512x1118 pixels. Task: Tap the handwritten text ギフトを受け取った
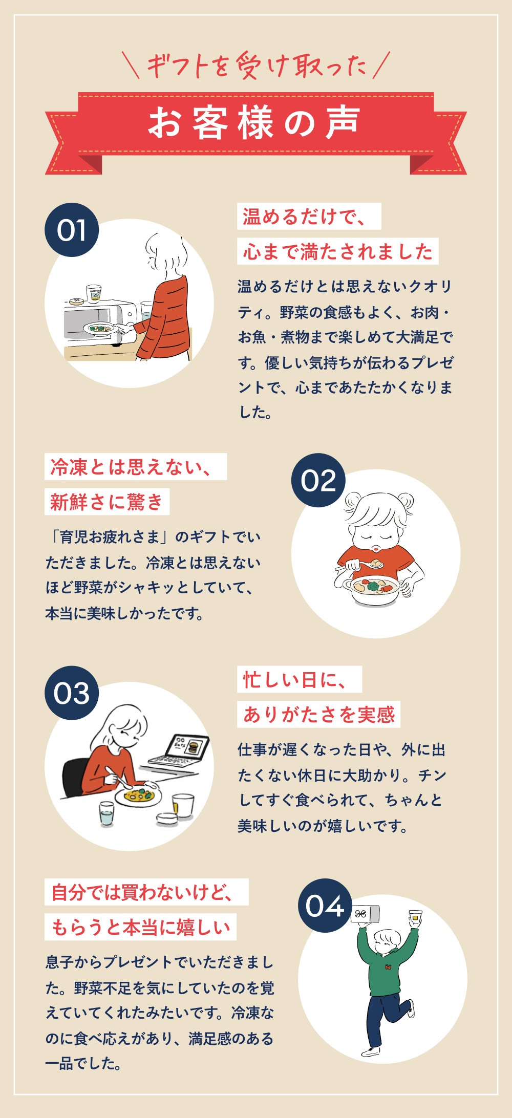(257, 66)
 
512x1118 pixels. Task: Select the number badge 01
(72, 230)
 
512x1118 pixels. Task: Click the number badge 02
(318, 480)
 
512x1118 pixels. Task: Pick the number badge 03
(72, 693)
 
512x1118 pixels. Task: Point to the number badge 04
(325, 906)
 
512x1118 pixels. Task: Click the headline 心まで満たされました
(338, 251)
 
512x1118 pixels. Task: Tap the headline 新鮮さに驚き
(107, 502)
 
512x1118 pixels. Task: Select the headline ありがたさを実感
(318, 714)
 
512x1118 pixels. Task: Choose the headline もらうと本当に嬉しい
(141, 927)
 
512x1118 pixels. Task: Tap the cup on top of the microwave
(93, 294)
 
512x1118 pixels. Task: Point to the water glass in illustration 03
(106, 813)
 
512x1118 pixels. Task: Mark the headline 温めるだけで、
(309, 216)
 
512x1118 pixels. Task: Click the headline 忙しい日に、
(300, 679)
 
